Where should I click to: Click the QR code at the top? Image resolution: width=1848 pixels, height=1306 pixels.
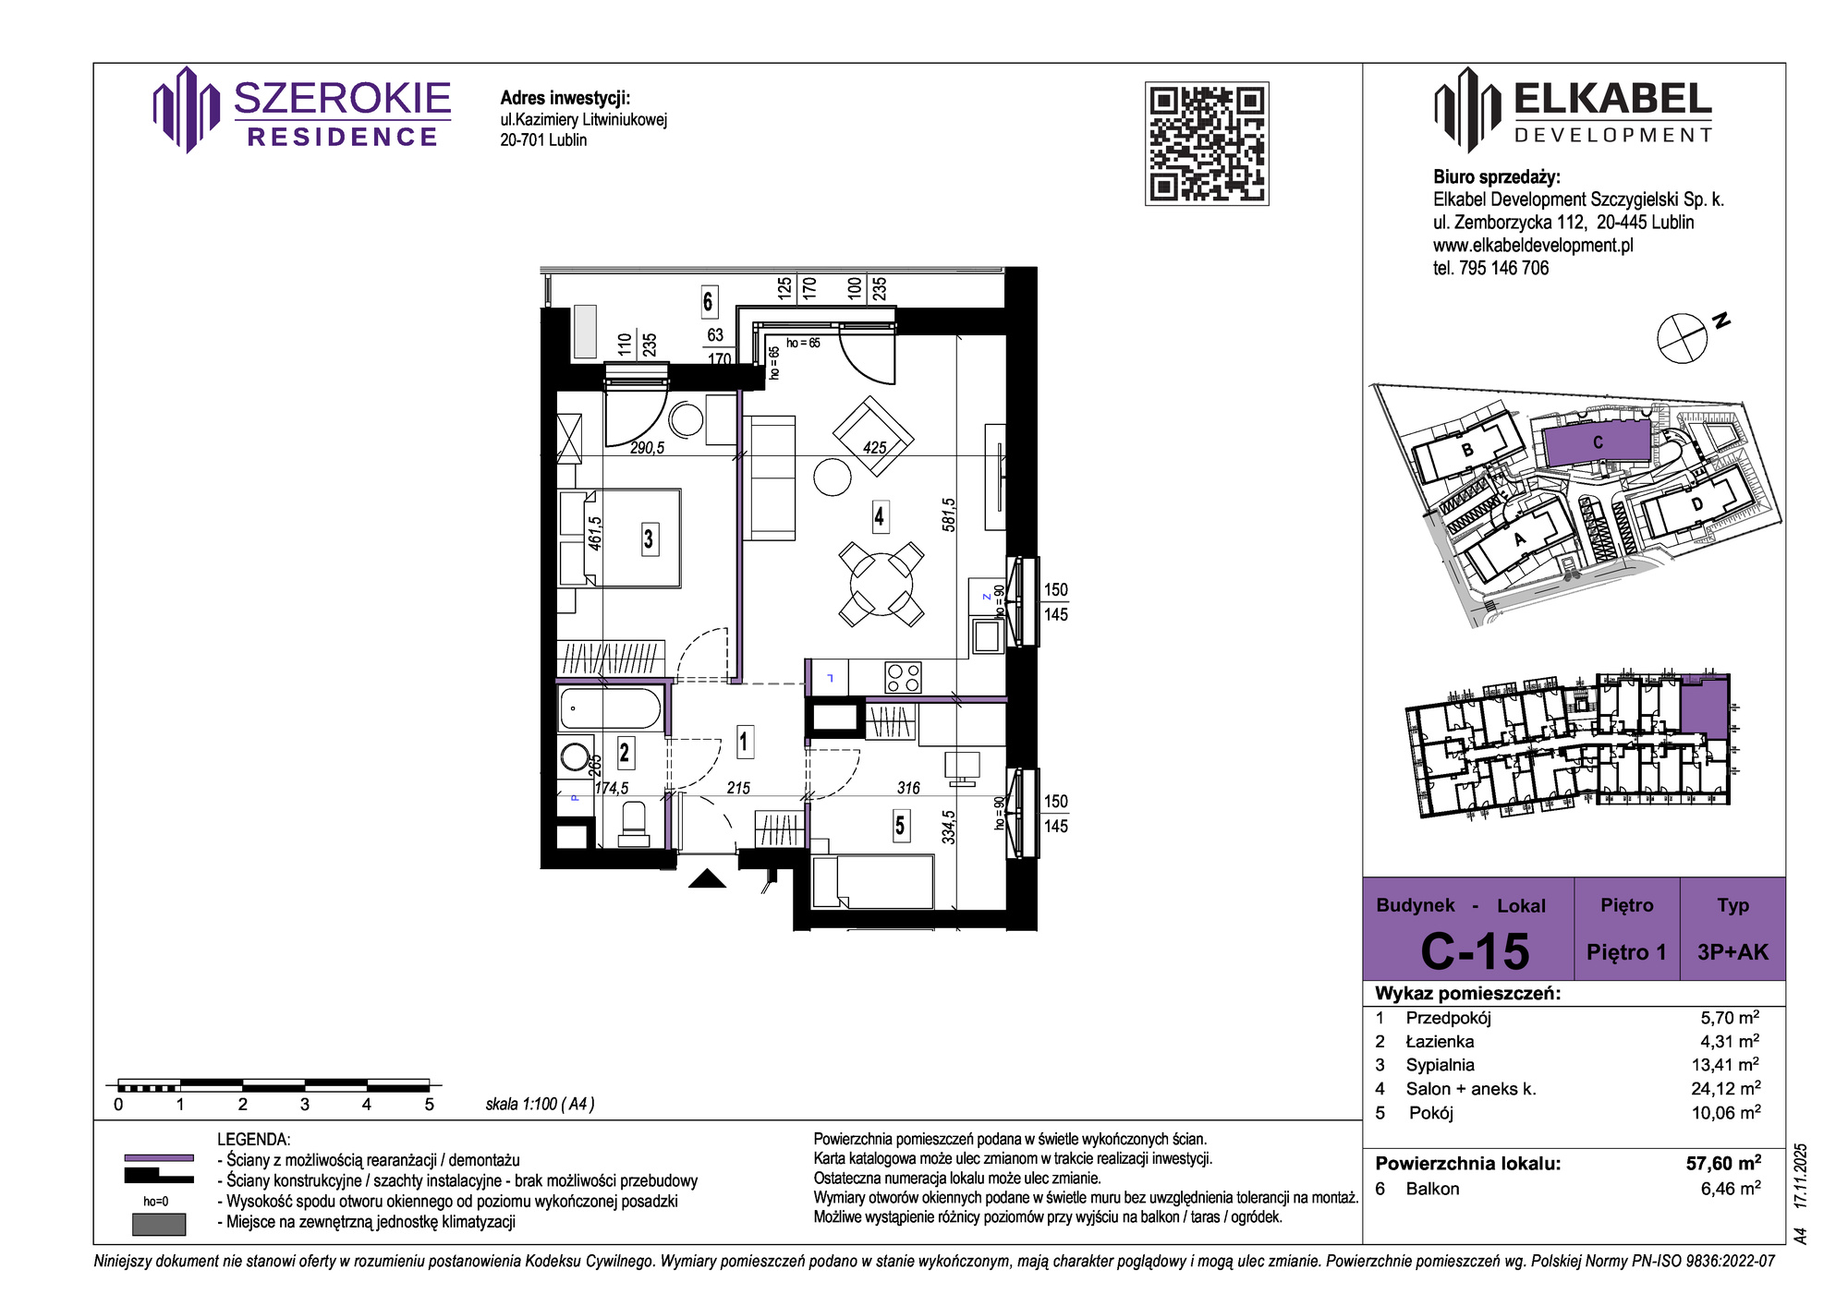[1207, 143]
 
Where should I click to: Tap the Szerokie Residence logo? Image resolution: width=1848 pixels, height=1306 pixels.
[302, 110]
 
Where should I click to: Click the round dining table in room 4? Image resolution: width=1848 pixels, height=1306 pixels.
[881, 584]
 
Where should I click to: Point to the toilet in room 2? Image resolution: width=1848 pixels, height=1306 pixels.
[633, 823]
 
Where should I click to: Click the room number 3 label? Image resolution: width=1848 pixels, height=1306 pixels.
[649, 538]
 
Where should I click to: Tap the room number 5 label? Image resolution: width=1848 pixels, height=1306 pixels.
[900, 825]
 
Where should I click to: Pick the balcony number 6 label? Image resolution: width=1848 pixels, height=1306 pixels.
[708, 301]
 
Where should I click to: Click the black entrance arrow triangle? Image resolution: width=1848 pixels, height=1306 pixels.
[708, 878]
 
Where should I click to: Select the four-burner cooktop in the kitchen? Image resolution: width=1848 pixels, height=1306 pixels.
[903, 678]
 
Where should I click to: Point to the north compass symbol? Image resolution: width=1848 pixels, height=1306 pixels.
[1682, 338]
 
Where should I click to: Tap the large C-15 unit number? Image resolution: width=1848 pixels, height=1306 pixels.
[1475, 951]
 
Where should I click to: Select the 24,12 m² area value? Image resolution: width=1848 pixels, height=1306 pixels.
[1726, 1088]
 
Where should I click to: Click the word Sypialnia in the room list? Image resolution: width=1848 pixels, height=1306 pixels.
[1440, 1065]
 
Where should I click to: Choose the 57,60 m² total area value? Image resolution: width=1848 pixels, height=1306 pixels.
[1724, 1163]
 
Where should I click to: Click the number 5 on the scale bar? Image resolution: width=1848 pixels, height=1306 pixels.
[429, 1104]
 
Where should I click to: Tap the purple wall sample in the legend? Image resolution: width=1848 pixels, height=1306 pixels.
[159, 1157]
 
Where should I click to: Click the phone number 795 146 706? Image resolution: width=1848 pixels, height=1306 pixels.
[1503, 268]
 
